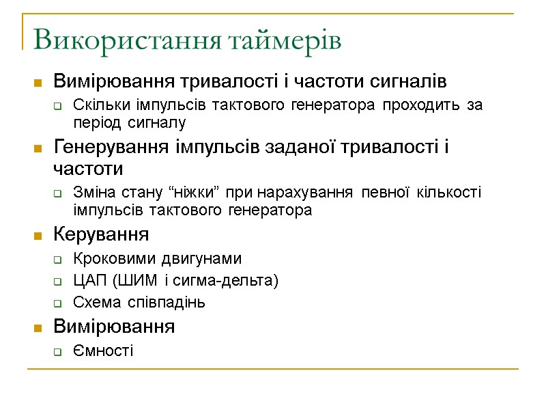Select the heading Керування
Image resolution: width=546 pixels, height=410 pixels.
[x=101, y=235]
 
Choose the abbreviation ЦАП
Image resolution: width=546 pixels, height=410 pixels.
[x=86, y=280]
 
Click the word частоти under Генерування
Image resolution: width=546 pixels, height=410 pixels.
[x=88, y=168]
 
